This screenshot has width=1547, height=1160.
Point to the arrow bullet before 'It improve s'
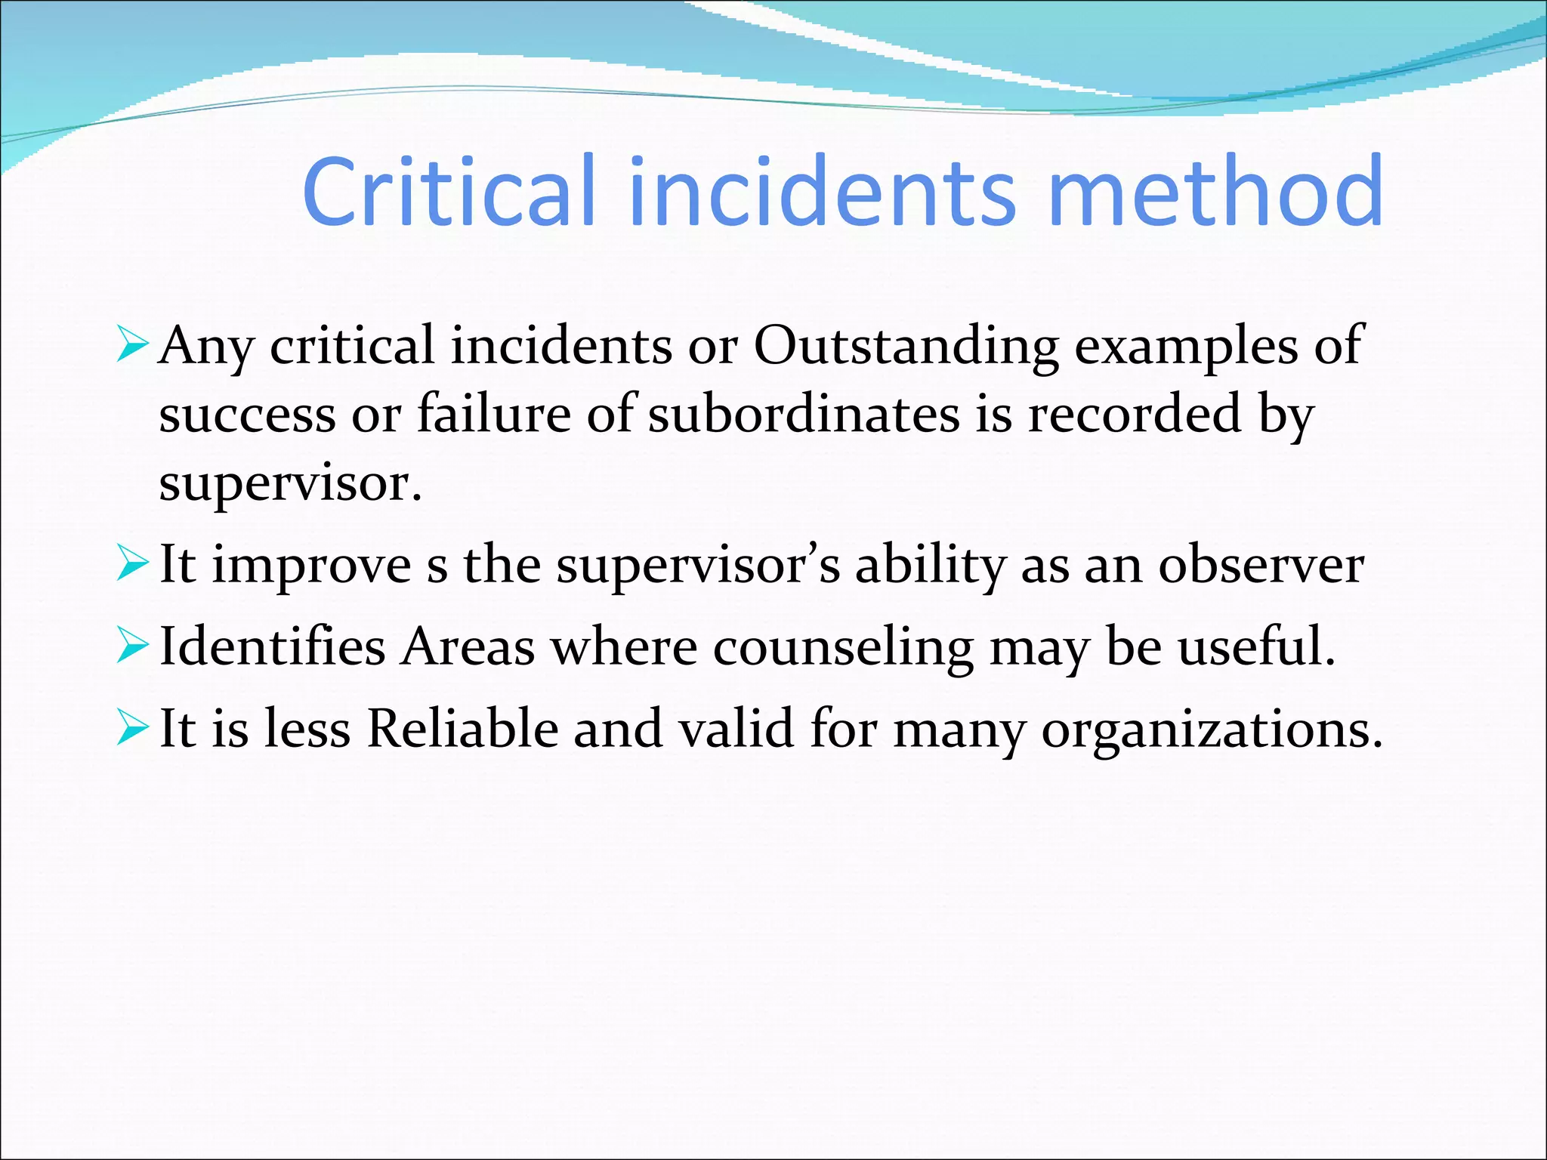click(x=131, y=566)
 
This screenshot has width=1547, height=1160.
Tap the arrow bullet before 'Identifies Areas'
click(x=131, y=647)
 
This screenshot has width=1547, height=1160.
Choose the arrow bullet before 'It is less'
click(x=131, y=730)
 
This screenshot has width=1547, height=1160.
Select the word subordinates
click(x=803, y=415)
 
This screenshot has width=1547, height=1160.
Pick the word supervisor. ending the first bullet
click(x=290, y=485)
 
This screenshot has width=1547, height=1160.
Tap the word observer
click(x=1261, y=566)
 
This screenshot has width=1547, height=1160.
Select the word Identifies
click(x=273, y=647)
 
